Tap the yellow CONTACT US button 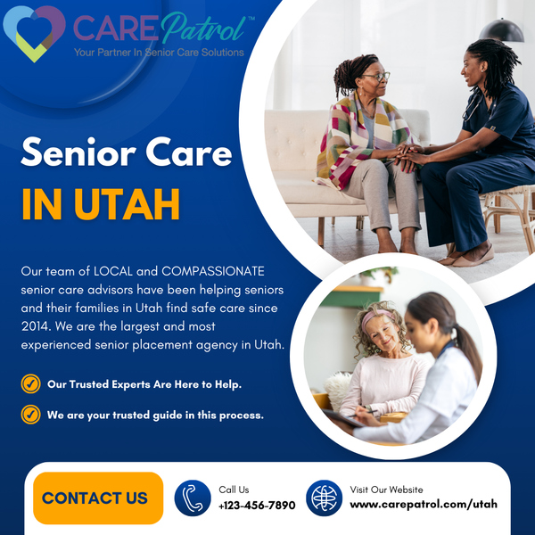(x=98, y=498)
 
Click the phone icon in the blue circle (x=193, y=498)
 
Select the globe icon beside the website (x=324, y=498)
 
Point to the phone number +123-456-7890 (x=257, y=505)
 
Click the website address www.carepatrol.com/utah (x=424, y=505)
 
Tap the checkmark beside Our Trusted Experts (x=30, y=383)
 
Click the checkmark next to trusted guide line (x=30, y=415)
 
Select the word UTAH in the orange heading (x=127, y=204)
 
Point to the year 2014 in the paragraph (x=35, y=326)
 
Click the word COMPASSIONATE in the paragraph (x=213, y=271)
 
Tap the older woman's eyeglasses (x=376, y=77)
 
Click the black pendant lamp (x=501, y=30)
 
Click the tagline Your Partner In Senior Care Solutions (x=159, y=53)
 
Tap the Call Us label (x=234, y=490)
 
